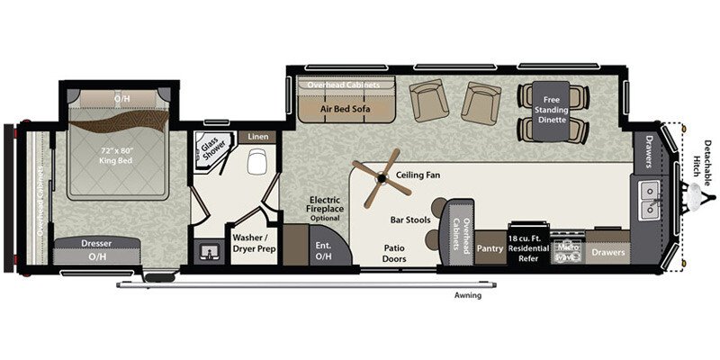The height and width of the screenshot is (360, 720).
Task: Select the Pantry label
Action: (490, 247)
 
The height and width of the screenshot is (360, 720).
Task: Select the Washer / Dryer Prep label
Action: (254, 243)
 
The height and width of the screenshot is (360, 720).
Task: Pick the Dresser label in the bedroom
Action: (96, 243)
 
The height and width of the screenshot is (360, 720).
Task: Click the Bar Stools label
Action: (408, 219)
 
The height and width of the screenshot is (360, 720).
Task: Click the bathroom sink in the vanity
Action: (210, 250)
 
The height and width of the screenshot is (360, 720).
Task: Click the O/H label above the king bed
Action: (121, 96)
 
